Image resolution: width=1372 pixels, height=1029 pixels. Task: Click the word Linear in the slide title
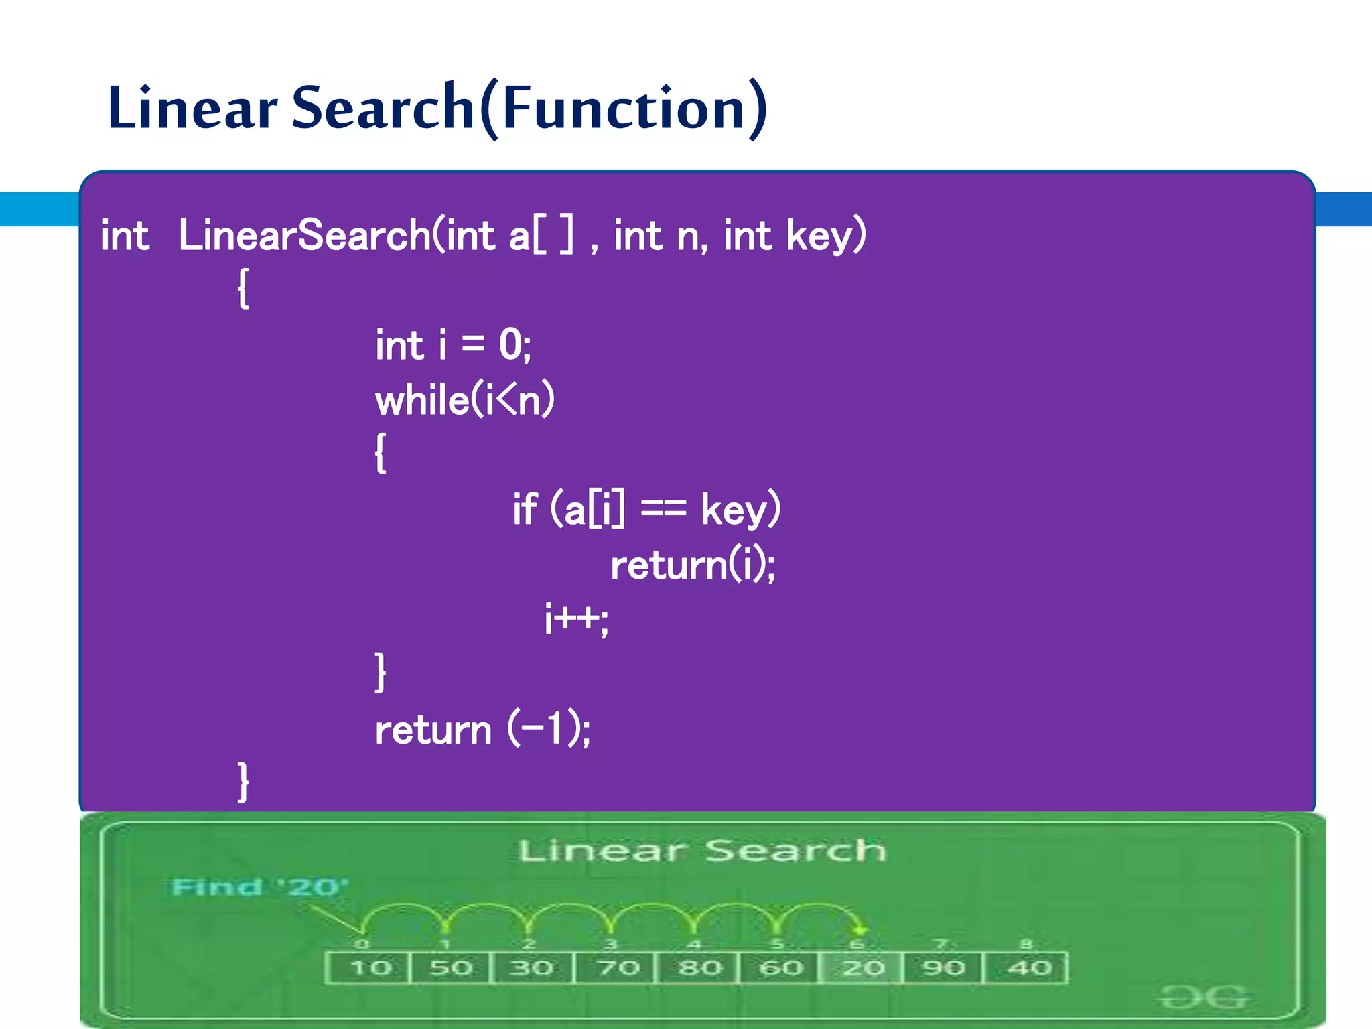192,108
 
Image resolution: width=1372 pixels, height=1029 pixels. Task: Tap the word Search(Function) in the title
529,108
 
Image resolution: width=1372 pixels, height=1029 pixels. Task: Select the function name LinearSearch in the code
305,235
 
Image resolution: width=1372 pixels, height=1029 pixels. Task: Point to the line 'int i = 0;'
453,345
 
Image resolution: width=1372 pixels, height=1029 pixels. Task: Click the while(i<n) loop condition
464,400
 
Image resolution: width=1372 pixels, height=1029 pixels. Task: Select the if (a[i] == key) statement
646,508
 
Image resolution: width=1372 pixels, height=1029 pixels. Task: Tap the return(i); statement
693,565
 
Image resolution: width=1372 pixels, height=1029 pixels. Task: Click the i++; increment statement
576,618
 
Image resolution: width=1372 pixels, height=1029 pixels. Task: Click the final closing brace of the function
244,781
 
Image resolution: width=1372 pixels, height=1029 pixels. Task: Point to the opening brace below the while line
380,453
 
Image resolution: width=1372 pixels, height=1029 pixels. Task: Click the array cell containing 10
369,967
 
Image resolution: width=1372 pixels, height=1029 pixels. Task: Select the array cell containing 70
616,967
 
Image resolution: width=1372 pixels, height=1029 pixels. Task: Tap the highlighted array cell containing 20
862,967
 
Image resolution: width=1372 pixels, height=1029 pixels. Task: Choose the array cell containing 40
1028,967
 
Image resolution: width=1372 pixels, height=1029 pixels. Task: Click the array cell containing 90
943,967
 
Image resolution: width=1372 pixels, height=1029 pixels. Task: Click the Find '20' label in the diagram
260,887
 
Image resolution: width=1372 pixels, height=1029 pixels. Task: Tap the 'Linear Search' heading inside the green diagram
701,851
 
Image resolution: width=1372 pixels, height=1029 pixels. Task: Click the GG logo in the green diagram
1204,998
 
